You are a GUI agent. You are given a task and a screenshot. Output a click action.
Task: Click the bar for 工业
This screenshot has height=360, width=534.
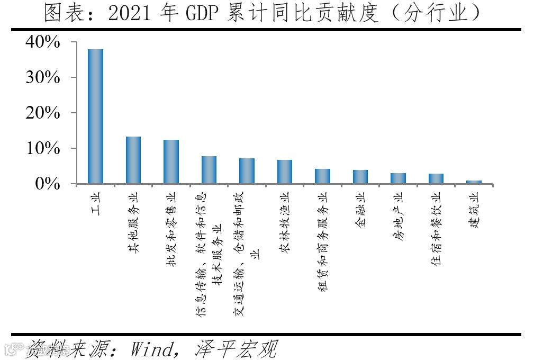tap(95, 116)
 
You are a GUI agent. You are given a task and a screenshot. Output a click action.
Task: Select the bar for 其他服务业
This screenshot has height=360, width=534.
tap(133, 160)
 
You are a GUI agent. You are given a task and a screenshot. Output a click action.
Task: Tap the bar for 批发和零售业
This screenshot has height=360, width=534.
tap(171, 162)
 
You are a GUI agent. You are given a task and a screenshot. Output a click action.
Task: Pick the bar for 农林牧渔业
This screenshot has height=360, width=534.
tap(285, 172)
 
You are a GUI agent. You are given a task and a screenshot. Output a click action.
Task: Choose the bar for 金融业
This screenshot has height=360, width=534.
tap(360, 177)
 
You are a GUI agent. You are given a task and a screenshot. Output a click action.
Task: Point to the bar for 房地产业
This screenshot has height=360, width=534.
tap(398, 178)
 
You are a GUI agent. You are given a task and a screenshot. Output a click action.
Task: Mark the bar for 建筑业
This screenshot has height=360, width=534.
tap(474, 182)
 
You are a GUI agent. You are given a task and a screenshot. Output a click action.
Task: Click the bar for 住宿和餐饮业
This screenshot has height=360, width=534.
tap(436, 179)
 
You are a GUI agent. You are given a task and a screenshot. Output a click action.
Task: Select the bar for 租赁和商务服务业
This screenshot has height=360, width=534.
tap(322, 176)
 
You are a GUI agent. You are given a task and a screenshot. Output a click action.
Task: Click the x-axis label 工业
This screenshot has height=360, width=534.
tap(96, 203)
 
